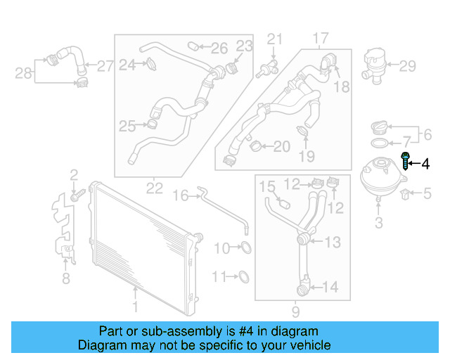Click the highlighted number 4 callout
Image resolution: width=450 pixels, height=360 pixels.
(425, 164)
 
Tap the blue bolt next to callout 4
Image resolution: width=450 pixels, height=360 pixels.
(406, 161)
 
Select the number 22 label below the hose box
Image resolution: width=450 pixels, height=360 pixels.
(155, 188)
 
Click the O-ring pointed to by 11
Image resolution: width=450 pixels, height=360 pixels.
(243, 276)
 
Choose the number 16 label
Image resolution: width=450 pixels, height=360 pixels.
(181, 195)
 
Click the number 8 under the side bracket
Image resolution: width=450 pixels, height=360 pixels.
(65, 278)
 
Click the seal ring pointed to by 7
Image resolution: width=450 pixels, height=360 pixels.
(378, 144)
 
